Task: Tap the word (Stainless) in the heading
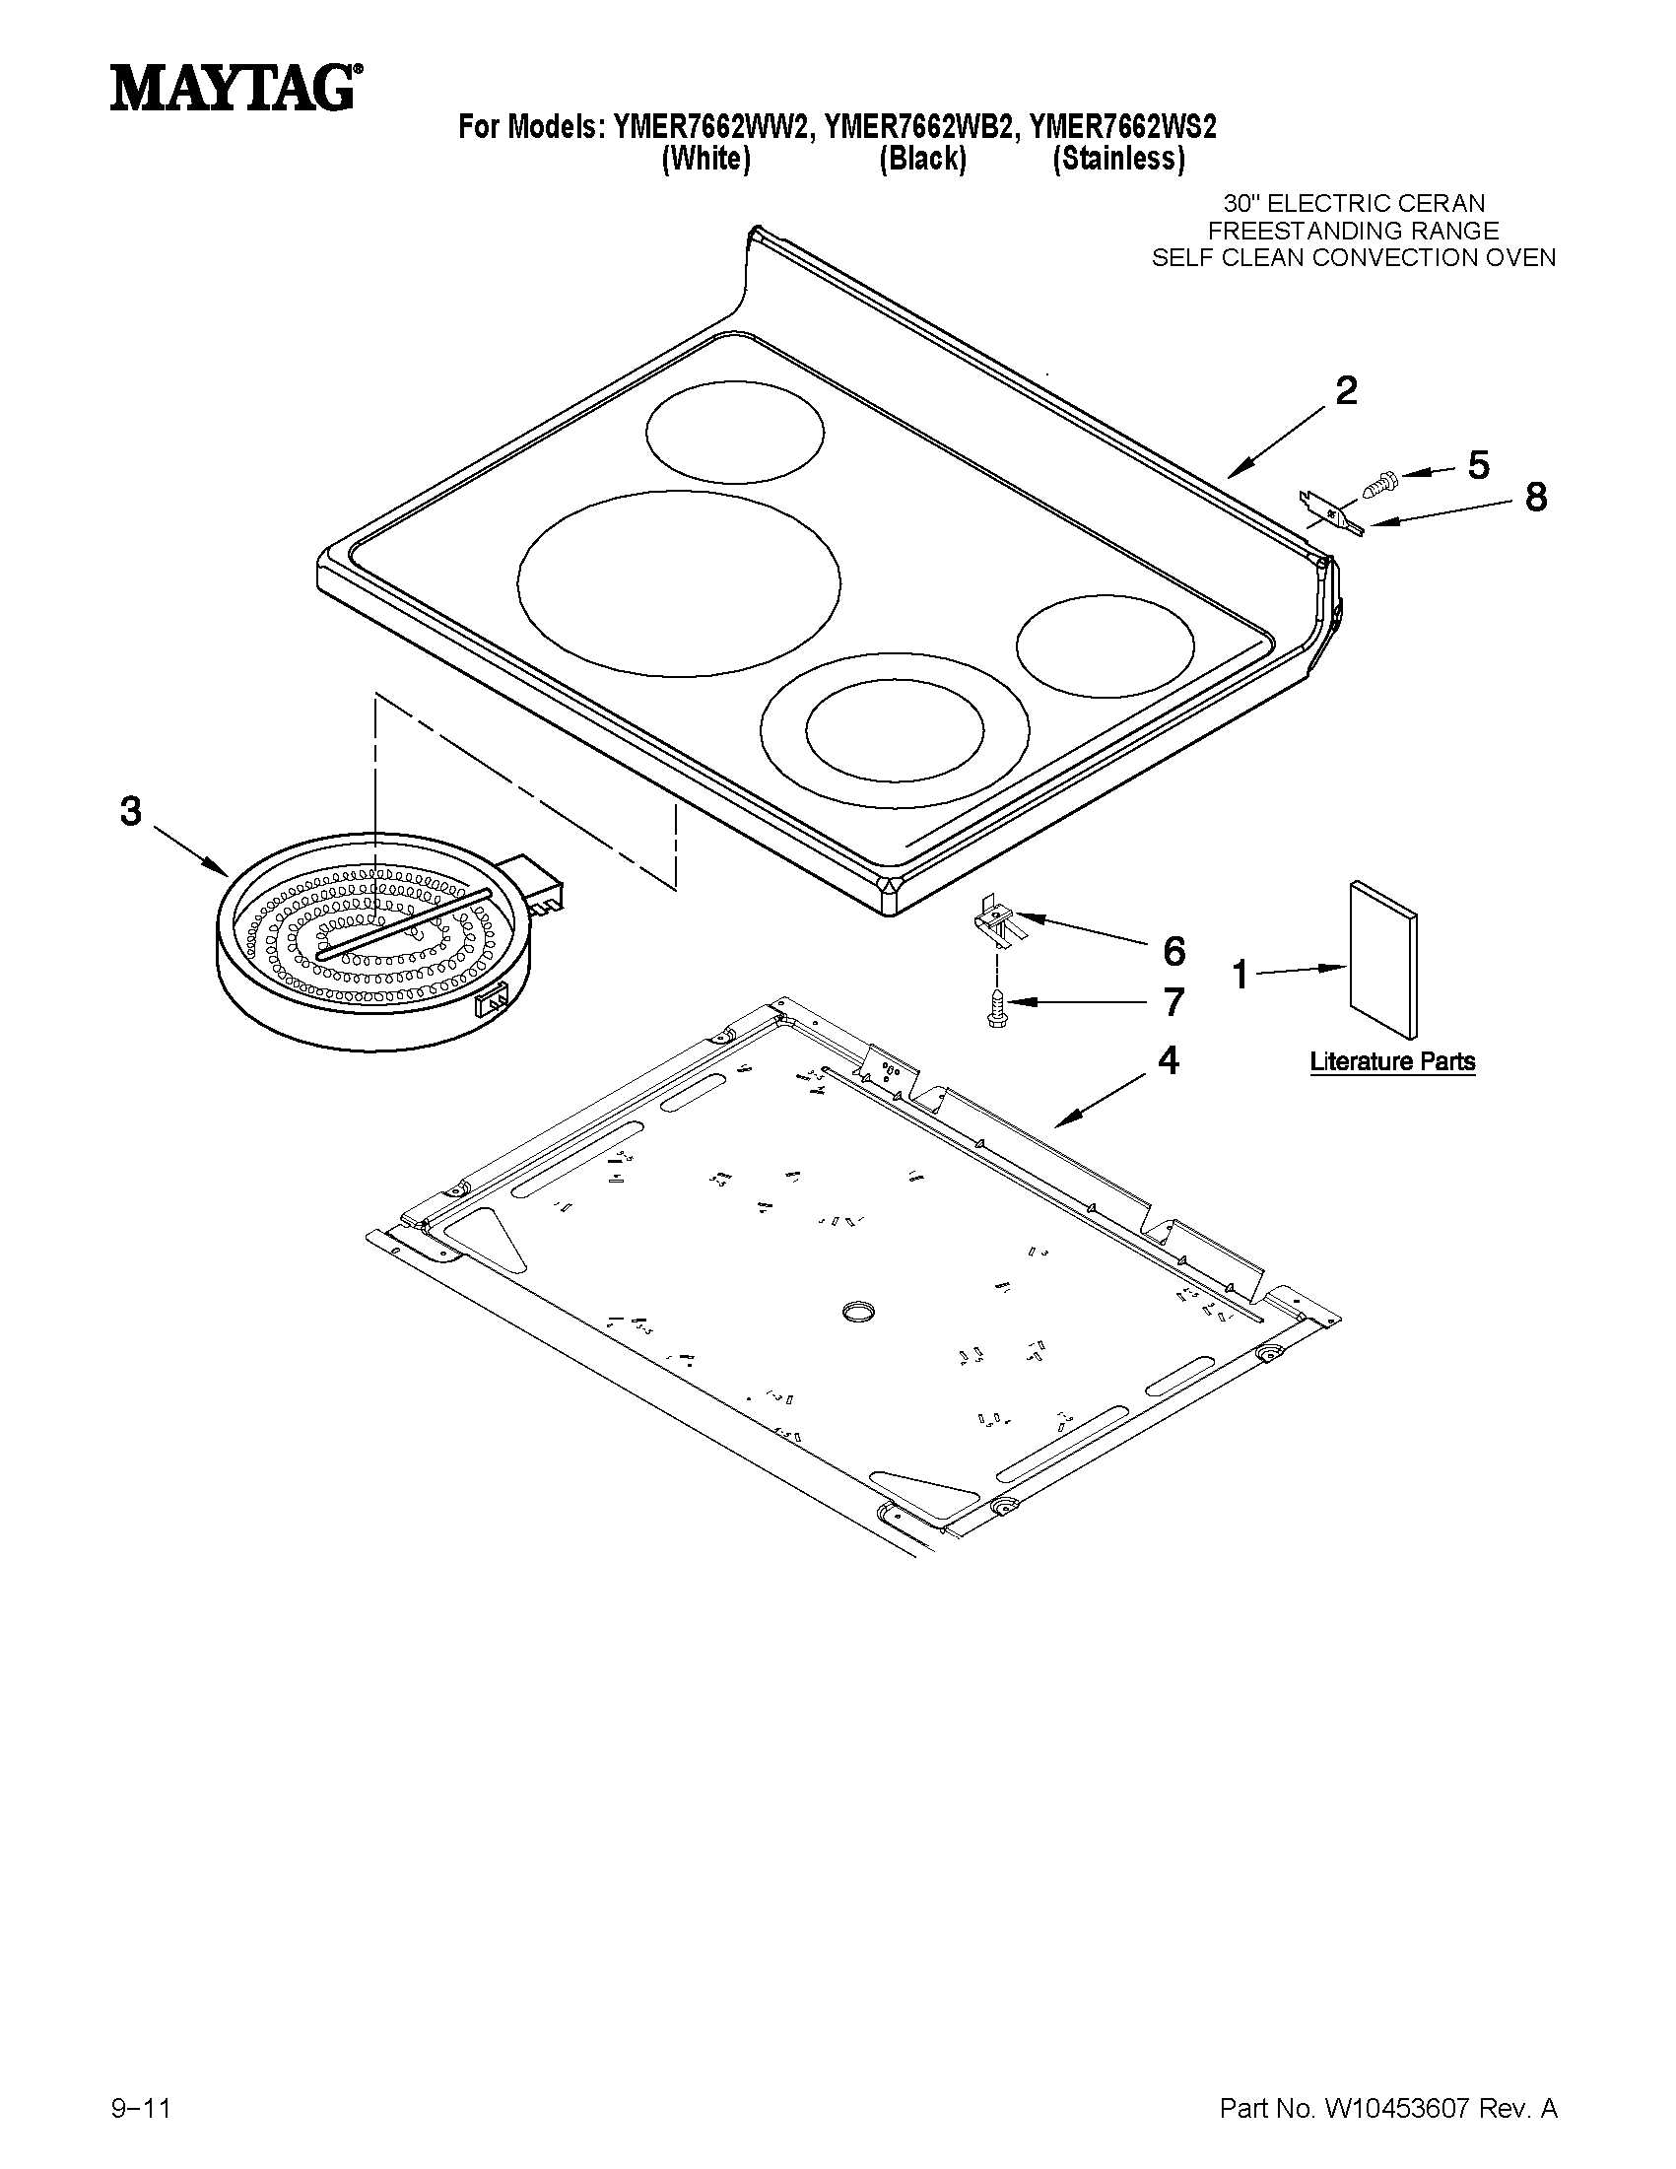(1118, 159)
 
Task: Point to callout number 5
(1478, 465)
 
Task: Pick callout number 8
(1535, 498)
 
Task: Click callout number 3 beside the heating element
(131, 811)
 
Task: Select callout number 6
(1173, 951)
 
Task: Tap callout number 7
(1173, 1002)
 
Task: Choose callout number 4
(1169, 1061)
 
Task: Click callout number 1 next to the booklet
(1240, 976)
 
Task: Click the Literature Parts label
(1392, 1061)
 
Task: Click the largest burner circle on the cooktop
(678, 583)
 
